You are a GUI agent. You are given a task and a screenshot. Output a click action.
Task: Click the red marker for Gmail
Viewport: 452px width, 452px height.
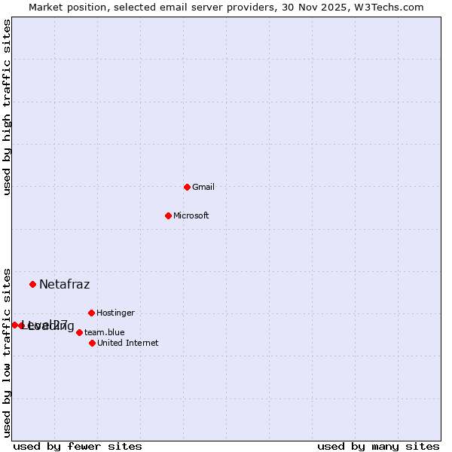pyautogui.click(x=187, y=187)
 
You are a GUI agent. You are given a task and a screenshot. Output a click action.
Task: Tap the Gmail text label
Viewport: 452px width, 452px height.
pyautogui.click(x=203, y=187)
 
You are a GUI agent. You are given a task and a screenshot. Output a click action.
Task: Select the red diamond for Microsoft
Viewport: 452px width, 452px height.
pyautogui.click(x=168, y=215)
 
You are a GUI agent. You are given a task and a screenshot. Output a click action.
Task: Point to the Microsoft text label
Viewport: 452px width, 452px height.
pyautogui.click(x=191, y=215)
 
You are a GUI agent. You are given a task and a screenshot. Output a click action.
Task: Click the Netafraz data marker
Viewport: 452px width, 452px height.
pyautogui.click(x=32, y=284)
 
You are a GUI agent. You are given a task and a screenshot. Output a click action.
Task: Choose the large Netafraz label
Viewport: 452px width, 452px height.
pyautogui.click(x=64, y=284)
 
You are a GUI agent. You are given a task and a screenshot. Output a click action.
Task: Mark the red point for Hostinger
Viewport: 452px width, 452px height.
pyautogui.click(x=91, y=313)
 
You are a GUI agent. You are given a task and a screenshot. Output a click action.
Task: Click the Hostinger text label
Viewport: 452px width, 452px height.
pyautogui.click(x=115, y=313)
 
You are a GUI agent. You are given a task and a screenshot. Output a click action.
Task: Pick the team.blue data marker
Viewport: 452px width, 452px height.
pyautogui.click(x=79, y=332)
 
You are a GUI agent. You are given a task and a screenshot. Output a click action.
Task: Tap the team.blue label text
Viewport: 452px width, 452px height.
pyautogui.click(x=104, y=332)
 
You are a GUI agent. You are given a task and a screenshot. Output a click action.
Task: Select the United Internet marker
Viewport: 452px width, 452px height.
pyautogui.click(x=92, y=343)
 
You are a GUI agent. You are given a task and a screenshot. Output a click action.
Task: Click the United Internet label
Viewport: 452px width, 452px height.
pyautogui.click(x=127, y=343)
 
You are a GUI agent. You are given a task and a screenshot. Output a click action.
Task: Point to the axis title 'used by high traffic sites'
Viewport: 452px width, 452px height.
pyautogui.click(x=8, y=107)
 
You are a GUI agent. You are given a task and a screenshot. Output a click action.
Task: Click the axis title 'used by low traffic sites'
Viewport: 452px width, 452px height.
pyautogui.click(x=8, y=352)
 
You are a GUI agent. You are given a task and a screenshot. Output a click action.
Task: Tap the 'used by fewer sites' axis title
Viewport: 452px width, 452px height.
pyautogui.click(x=78, y=446)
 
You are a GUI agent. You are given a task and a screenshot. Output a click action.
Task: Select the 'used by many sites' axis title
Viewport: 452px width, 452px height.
pyautogui.click(x=378, y=446)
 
